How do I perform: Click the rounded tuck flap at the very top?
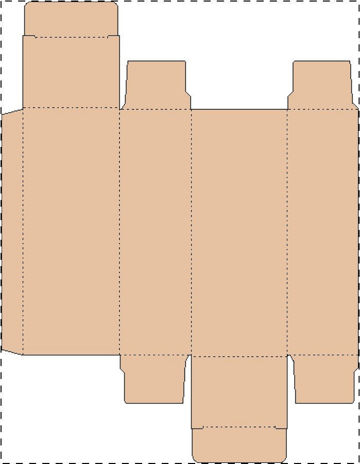pos(71,19)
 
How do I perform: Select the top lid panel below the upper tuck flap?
pos(71,72)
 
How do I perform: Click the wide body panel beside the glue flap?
pos(71,232)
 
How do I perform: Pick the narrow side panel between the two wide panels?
pos(156,232)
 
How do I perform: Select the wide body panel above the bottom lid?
pos(239,232)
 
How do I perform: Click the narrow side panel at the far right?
pos(322,232)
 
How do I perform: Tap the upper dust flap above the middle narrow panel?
pos(156,85)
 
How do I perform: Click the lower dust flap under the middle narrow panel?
pos(153,379)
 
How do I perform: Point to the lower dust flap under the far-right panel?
pos(324,379)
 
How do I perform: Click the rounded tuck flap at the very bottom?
pos(239,444)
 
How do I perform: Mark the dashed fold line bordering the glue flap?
pos(23,232)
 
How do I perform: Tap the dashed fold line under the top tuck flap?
pos(71,37)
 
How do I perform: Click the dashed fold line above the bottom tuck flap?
pos(239,427)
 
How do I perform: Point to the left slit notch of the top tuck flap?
pos(29,36)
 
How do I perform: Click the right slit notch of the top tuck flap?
pos(113,36)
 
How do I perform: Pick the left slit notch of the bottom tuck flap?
pos(197,427)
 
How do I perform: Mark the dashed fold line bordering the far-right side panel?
pos(287,232)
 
